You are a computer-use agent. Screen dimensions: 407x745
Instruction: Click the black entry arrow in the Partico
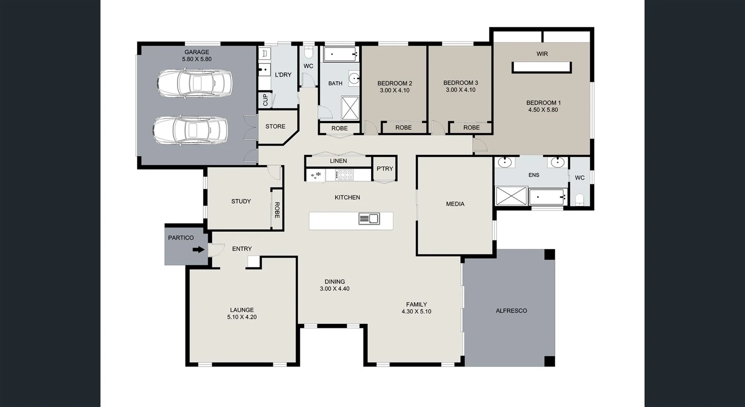tap(199, 250)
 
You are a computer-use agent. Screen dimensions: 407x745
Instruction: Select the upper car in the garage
tap(194, 83)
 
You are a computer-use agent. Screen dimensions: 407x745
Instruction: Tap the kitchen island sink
tap(369, 219)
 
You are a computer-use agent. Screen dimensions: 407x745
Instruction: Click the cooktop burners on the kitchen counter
tap(345, 175)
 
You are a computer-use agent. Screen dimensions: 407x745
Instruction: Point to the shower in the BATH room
tap(350, 108)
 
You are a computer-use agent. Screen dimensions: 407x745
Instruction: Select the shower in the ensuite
tap(511, 196)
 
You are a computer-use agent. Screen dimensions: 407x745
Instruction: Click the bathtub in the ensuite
tap(547, 197)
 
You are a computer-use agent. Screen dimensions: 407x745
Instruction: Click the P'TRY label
tap(385, 169)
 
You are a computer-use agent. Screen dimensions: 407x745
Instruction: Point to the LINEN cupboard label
tap(338, 161)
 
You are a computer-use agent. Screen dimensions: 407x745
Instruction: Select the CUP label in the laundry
tap(265, 100)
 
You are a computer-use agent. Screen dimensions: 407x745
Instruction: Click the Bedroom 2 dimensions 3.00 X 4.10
tap(395, 90)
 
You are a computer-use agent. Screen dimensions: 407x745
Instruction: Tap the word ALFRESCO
tap(511, 311)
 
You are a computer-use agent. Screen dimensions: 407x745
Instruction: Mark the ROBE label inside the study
tap(277, 210)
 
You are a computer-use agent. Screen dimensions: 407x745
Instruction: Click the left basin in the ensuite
tap(504, 162)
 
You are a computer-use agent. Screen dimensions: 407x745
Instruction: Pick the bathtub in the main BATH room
tap(340, 54)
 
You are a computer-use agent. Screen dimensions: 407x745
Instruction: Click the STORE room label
tap(275, 126)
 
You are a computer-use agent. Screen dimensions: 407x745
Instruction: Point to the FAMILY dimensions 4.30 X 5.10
tap(416, 312)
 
